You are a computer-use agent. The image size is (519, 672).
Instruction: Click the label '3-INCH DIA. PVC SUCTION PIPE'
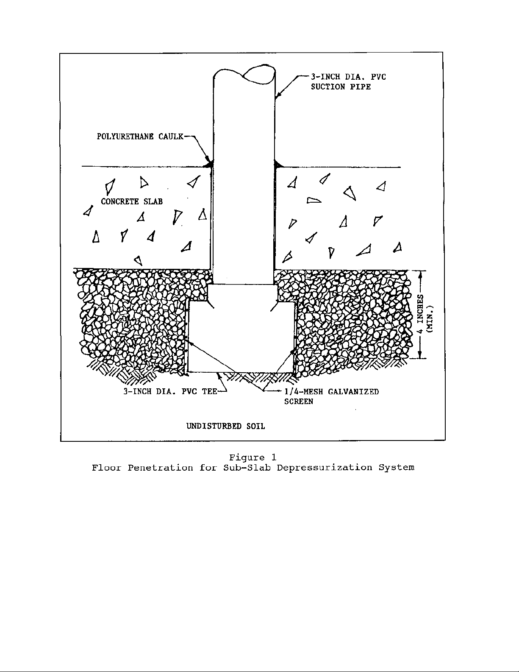pos(348,82)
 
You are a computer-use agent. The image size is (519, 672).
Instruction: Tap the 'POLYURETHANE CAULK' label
pos(140,137)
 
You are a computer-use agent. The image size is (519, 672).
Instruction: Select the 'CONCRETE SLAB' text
pos(132,201)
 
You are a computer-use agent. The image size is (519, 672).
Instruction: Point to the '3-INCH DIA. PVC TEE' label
pos(170,391)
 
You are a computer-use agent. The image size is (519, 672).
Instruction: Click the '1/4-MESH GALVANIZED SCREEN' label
pos(331,396)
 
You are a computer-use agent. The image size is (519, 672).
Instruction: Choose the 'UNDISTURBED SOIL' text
pos(225,426)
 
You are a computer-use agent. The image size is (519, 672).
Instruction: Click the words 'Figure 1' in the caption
pos(253,457)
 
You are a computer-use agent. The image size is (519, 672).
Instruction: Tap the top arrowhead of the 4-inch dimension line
pos(420,274)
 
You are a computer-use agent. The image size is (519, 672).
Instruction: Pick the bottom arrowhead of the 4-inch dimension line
pos(420,354)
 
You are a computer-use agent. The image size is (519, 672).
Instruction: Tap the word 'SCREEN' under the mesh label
pos(298,402)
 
